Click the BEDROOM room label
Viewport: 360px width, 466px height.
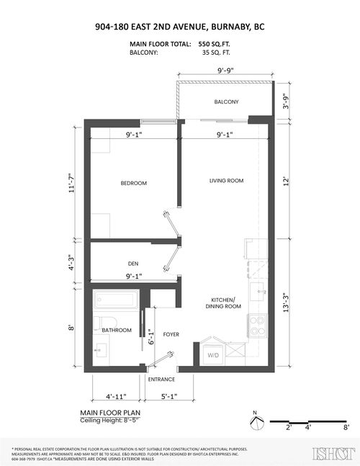133,184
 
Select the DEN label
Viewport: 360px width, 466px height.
133,263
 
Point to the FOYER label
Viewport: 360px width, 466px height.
171,334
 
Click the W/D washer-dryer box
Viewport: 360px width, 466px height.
213,355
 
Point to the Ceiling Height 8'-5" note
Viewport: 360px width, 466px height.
108,421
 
